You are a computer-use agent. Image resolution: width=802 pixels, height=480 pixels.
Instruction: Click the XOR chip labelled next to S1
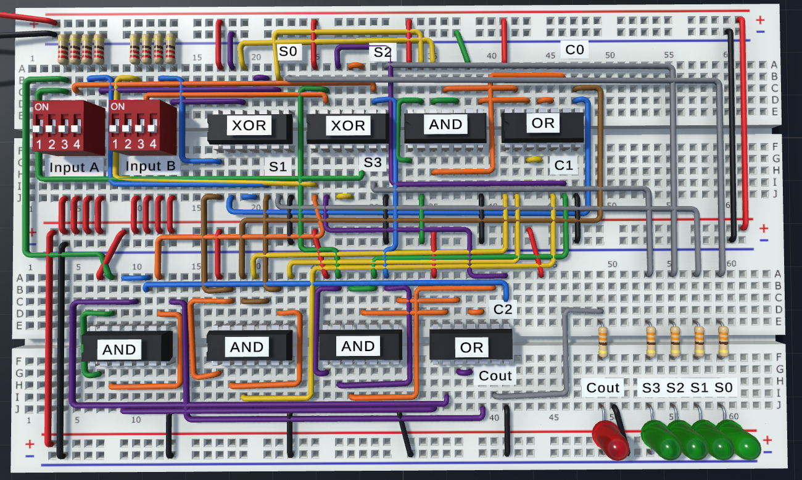click(249, 126)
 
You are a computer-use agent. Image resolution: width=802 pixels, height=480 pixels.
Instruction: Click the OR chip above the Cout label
click(471, 347)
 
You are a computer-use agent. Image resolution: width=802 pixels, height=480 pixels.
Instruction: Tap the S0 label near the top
click(287, 51)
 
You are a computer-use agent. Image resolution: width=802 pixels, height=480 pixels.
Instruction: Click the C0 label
click(574, 49)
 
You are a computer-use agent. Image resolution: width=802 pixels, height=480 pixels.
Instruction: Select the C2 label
click(503, 309)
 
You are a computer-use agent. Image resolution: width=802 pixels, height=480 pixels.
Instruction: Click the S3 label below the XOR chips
click(373, 163)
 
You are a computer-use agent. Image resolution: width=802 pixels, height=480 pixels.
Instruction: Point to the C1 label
click(563, 165)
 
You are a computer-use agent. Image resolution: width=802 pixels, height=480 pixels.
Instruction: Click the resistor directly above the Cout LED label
click(603, 342)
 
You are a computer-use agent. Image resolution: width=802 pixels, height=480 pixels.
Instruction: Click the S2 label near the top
click(382, 52)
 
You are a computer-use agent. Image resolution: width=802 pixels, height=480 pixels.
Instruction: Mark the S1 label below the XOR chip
click(277, 166)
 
